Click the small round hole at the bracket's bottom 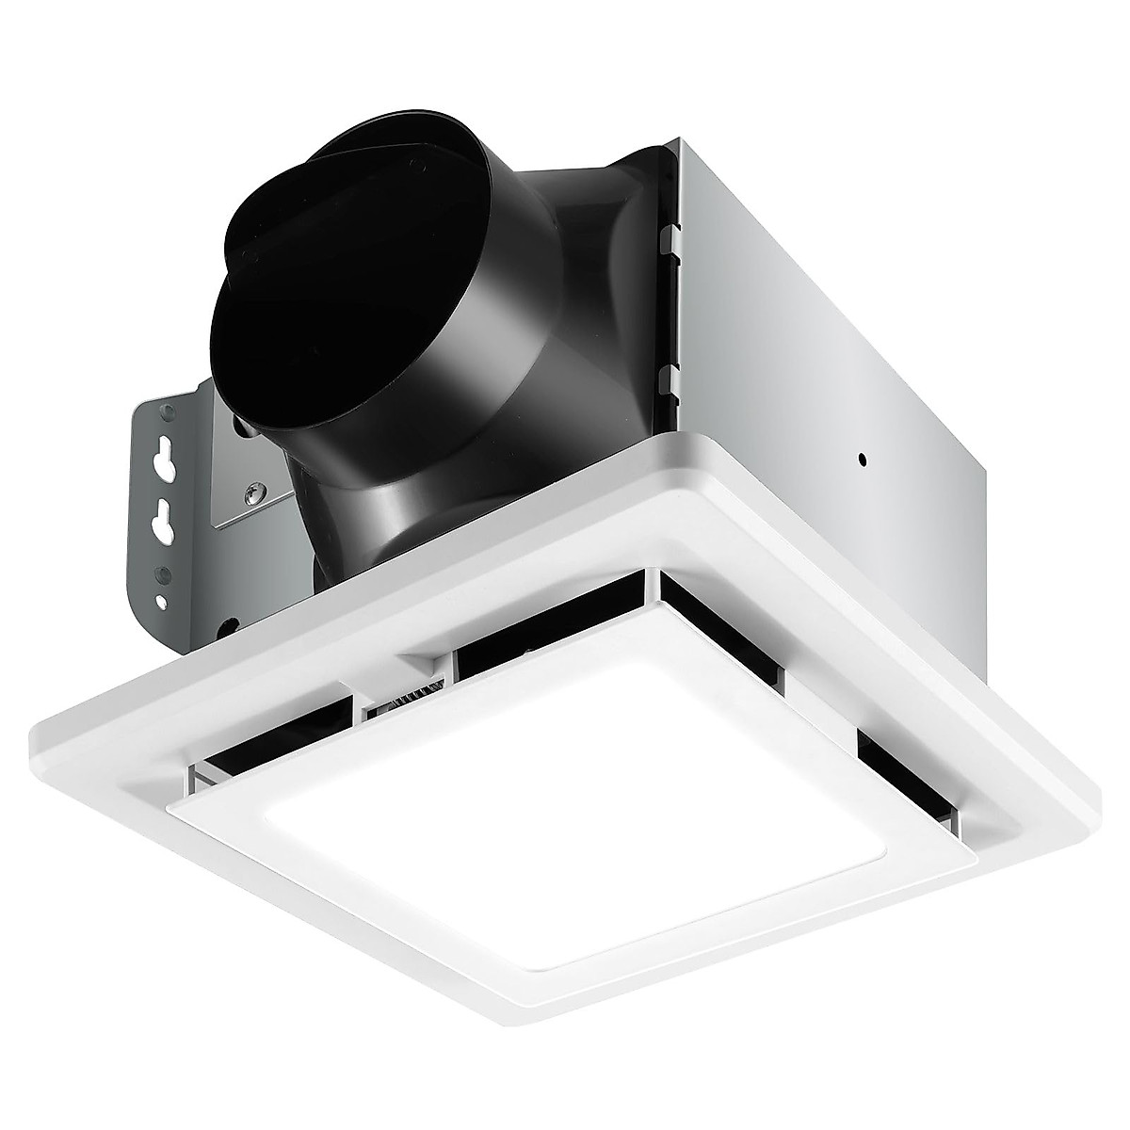pyautogui.click(x=163, y=602)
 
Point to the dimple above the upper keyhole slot pyautogui.click(x=167, y=411)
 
